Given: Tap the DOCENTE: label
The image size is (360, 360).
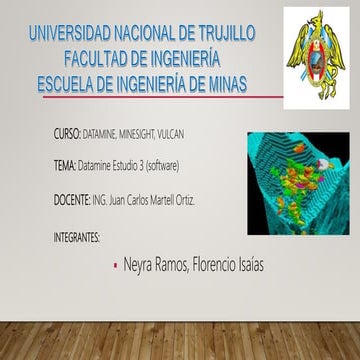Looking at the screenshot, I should coord(71,200).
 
